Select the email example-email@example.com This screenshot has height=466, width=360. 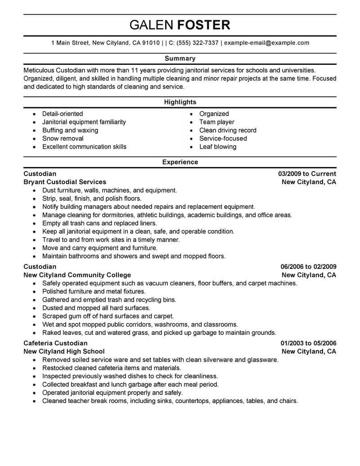pos(266,43)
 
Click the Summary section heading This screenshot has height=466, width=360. pos(180,59)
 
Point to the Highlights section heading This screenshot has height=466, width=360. pos(180,102)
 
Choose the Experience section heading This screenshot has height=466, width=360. pos(180,162)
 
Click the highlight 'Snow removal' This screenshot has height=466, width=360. pos(63,139)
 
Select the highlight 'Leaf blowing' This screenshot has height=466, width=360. pos(218,147)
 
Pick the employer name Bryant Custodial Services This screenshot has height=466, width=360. pos(65,182)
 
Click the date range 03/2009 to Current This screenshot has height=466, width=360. pos(307,174)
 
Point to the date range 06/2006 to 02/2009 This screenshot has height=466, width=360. pos(307,267)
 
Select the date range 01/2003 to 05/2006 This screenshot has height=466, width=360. pos(307,343)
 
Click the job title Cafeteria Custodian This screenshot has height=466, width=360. pos(55,343)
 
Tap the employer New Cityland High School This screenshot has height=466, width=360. pos(64,351)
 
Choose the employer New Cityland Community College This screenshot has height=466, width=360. pos(77,275)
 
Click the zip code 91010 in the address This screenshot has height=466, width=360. pos(151,43)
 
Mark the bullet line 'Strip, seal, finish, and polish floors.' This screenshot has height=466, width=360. pos(92,199)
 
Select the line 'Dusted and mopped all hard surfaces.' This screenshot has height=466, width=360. pos(96,308)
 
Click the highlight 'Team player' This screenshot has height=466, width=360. pos(217,122)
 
